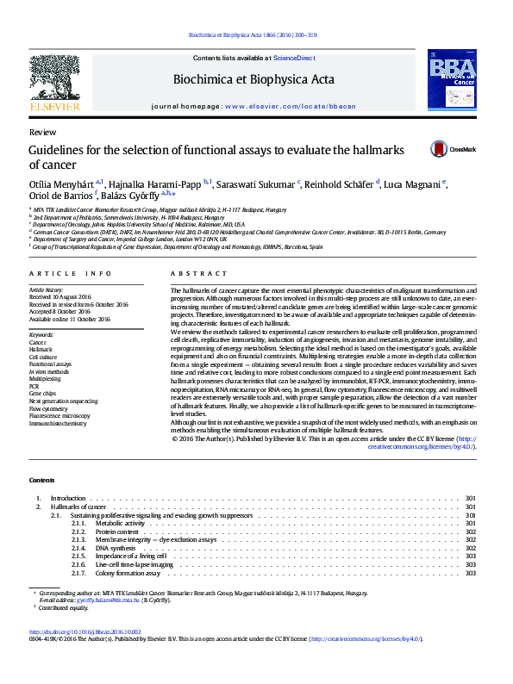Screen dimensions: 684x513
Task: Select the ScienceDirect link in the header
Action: click(294, 58)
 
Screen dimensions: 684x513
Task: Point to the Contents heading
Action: click(41, 480)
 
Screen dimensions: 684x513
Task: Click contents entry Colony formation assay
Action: click(128, 573)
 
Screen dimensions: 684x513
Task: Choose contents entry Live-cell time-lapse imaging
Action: click(135, 564)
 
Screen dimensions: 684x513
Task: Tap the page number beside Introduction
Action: click(470, 499)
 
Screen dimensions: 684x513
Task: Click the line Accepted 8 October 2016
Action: click(66, 312)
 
